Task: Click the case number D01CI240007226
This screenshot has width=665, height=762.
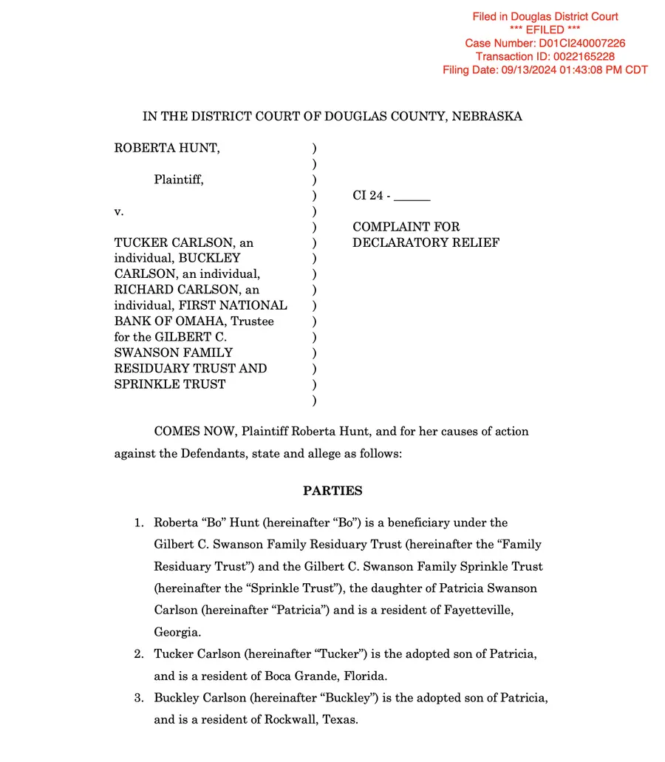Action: [x=584, y=44]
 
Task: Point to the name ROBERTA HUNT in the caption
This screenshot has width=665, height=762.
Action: [x=167, y=149]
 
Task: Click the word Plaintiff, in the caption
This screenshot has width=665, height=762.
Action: [x=179, y=180]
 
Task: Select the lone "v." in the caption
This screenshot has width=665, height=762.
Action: [x=119, y=211]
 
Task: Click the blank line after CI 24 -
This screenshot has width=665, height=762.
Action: [x=412, y=197]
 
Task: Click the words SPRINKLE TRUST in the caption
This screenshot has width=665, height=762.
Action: [x=169, y=384]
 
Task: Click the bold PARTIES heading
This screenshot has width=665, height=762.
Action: [x=332, y=491]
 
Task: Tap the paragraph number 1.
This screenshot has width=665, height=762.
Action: [x=137, y=523]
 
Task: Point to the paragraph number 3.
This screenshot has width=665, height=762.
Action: [x=137, y=698]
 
